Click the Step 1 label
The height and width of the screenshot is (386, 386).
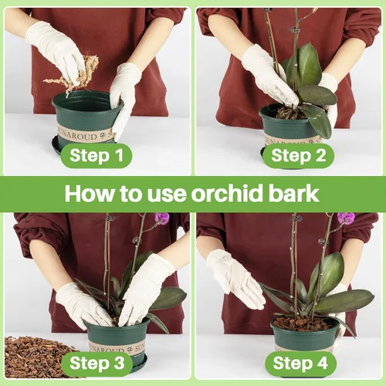tap(96, 157)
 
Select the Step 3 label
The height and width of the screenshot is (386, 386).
tap(96, 363)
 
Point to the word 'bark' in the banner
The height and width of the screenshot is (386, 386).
tap(300, 193)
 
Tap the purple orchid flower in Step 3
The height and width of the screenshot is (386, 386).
tap(161, 218)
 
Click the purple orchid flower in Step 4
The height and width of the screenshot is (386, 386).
tap(346, 218)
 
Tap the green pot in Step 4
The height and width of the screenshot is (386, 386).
tap(305, 336)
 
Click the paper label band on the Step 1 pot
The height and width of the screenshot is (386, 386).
tap(85, 134)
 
